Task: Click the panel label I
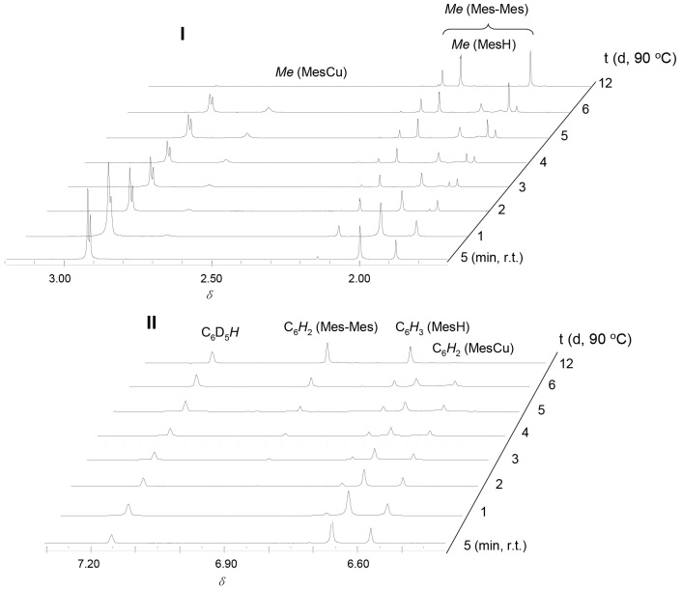point(182,34)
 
